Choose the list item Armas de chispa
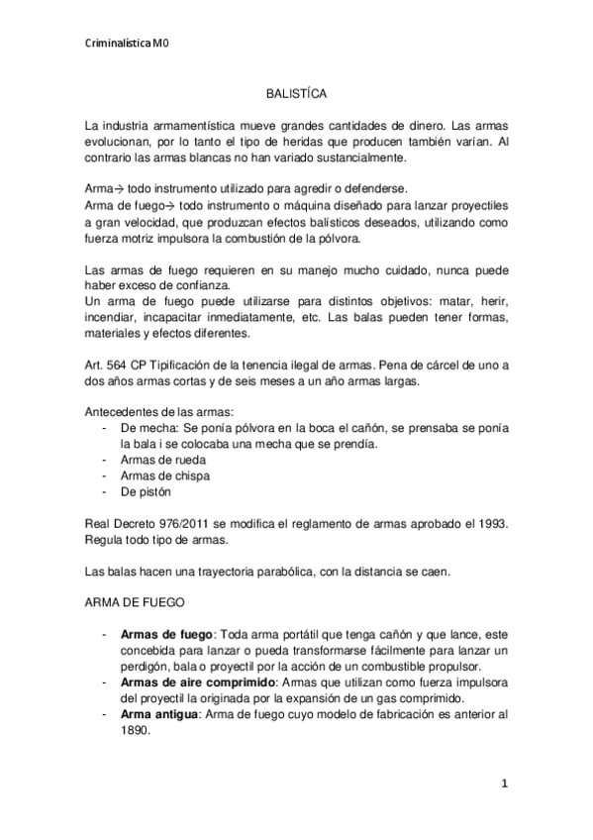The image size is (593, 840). pos(159,475)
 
